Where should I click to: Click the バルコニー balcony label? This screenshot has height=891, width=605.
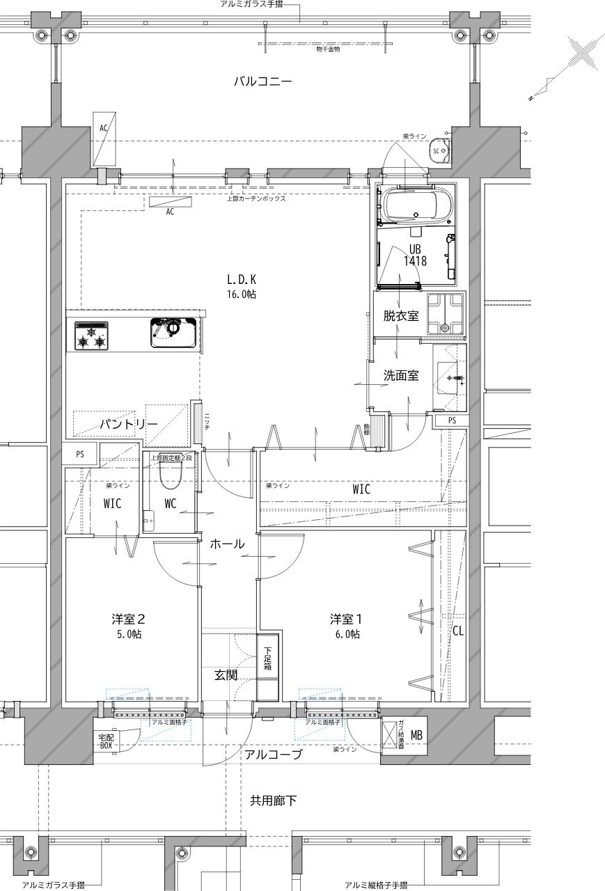pos(262,81)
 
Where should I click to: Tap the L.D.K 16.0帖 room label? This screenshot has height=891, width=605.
pos(242,286)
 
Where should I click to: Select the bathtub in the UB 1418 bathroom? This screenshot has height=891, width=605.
pos(416,204)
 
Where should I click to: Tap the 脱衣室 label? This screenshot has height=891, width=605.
pos(400,315)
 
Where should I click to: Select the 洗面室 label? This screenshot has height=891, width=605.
pos(400,375)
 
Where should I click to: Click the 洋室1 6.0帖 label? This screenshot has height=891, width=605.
pos(346,625)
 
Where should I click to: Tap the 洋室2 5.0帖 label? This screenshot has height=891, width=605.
pos(128,625)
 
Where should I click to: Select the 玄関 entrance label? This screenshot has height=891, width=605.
pos(226,674)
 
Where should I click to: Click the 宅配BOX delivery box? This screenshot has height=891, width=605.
pos(105,741)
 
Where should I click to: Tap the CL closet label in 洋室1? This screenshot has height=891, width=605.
pos(457,631)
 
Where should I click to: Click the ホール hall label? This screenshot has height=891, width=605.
pos(226,544)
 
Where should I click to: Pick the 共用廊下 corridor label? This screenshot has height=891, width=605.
pos(273,801)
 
